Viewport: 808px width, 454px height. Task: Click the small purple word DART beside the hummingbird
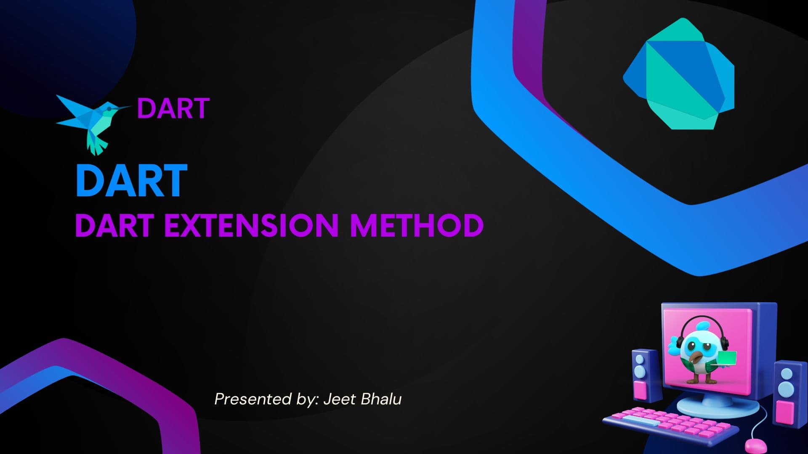pyautogui.click(x=173, y=108)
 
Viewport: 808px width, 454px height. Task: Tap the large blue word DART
pyautogui.click(x=131, y=181)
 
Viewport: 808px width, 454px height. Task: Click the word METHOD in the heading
pyautogui.click(x=417, y=225)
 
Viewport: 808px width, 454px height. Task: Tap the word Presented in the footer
pyautogui.click(x=253, y=399)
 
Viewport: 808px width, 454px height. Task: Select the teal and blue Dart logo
pyautogui.click(x=679, y=74)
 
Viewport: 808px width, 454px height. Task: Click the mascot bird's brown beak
pyautogui.click(x=694, y=358)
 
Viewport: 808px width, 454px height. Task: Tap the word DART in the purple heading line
pyautogui.click(x=114, y=225)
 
